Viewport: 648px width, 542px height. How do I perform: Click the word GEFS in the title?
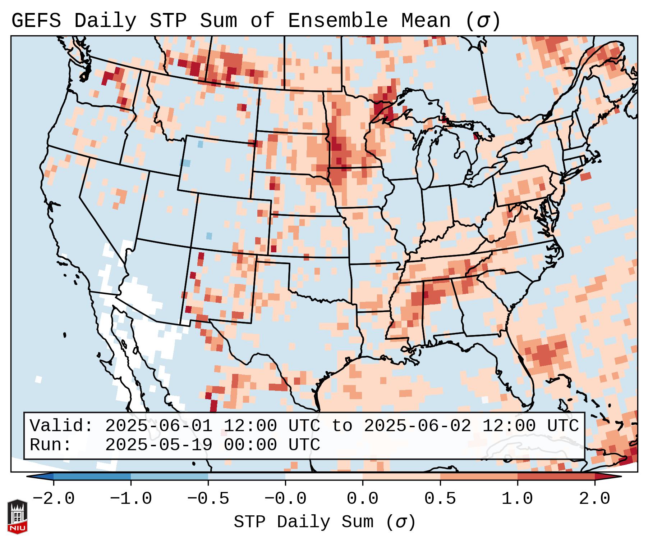pos(36,21)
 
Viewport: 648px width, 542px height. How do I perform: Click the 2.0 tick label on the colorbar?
pos(595,499)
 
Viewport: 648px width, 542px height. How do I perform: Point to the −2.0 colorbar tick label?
pos(54,499)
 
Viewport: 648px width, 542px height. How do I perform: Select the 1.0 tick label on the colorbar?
pos(517,499)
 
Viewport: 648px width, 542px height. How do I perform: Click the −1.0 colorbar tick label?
pos(131,499)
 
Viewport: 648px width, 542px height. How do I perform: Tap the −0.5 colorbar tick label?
pos(208,499)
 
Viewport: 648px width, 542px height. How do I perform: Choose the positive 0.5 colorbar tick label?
pos(440,499)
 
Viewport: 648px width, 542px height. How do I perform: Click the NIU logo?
pos(17,516)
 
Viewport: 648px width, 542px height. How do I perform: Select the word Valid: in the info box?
pos(61,426)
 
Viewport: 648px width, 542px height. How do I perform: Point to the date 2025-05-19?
pos(158,445)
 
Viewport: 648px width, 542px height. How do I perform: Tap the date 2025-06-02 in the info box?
pos(417,426)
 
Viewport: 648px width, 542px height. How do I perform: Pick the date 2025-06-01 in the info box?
pos(158,426)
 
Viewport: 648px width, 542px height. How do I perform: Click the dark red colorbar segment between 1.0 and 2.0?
pos(556,476)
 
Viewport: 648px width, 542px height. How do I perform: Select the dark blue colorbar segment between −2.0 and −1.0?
pos(92,476)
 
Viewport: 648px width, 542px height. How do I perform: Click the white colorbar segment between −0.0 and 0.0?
pos(324,476)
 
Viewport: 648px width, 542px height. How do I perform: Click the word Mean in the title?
pos(426,21)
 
